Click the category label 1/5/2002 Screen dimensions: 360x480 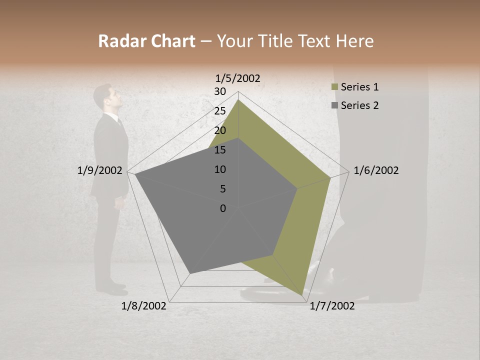(237, 78)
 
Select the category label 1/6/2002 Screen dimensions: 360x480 (376, 170)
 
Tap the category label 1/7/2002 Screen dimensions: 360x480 (332, 306)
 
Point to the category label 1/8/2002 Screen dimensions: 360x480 (144, 306)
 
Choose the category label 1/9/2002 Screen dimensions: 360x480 (100, 170)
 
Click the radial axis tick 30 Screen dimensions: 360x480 (220, 91)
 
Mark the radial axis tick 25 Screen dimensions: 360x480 (220, 111)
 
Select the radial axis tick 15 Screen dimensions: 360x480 (220, 150)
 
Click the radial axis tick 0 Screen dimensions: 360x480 (223, 208)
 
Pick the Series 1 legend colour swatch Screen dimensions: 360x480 (334, 87)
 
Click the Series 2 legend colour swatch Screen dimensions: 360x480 (334, 105)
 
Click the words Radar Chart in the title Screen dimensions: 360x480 (146, 41)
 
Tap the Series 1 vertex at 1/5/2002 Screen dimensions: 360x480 (238, 100)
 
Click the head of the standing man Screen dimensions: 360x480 (109, 96)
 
